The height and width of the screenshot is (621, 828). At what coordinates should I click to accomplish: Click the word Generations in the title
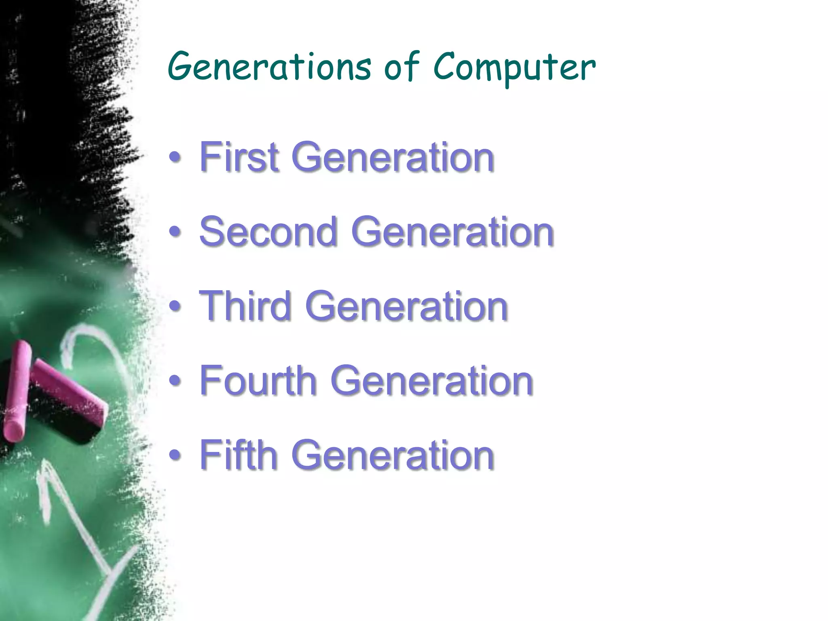click(x=269, y=67)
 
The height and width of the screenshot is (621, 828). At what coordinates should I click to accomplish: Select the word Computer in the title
click(x=514, y=68)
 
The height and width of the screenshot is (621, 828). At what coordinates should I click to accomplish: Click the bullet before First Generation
click(x=175, y=158)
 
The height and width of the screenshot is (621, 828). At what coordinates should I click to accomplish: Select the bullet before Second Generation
click(x=175, y=232)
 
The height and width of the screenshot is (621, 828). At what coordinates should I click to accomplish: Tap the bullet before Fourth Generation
click(x=175, y=381)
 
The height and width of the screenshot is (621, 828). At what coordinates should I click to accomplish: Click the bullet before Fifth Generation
click(x=175, y=455)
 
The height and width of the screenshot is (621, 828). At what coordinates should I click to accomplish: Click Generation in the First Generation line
click(x=393, y=158)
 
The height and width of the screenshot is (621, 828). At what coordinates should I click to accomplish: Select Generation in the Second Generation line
click(x=453, y=232)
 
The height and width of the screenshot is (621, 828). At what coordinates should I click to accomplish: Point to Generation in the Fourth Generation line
click(x=432, y=381)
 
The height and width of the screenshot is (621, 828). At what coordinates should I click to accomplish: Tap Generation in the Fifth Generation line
click(x=393, y=455)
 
